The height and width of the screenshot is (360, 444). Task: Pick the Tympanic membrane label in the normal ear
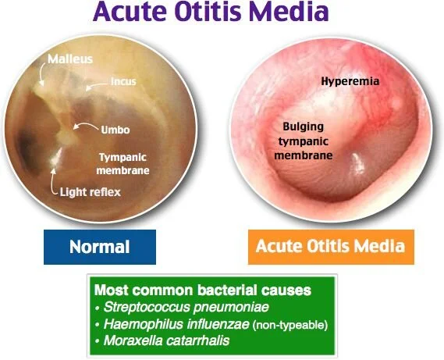tap(123, 162)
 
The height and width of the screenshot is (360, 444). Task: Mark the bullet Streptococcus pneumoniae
tap(162, 305)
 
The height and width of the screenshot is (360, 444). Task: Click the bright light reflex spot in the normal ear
tap(55, 159)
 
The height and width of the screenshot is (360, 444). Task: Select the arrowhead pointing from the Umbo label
tap(74, 126)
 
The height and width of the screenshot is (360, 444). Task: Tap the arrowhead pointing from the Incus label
tap(88, 88)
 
